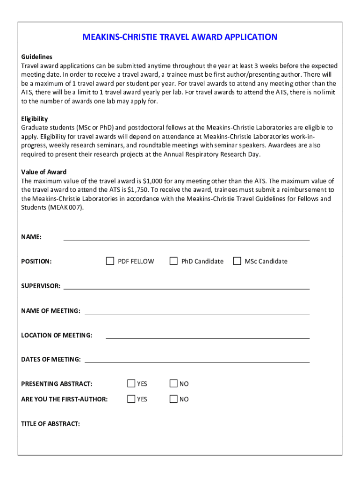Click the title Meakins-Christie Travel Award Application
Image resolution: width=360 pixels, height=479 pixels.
tap(180, 37)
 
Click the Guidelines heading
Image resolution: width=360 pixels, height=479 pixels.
tap(36, 57)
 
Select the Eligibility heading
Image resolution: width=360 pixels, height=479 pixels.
tap(35, 119)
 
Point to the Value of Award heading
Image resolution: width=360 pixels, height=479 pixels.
tap(44, 172)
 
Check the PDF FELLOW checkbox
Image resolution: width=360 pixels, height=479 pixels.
tap(110, 261)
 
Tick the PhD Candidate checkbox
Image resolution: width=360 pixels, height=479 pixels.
tap(173, 261)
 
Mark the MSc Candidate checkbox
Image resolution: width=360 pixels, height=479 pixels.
tap(237, 261)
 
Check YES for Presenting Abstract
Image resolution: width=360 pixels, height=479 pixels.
tap(131, 384)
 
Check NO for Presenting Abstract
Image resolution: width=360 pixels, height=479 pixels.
tap(173, 384)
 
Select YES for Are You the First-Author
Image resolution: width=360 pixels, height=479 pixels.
tap(131, 399)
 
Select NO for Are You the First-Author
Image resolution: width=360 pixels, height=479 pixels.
tap(173, 399)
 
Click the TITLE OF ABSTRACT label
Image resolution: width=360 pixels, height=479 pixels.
tap(50, 424)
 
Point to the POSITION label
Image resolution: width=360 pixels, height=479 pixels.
tap(36, 261)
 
